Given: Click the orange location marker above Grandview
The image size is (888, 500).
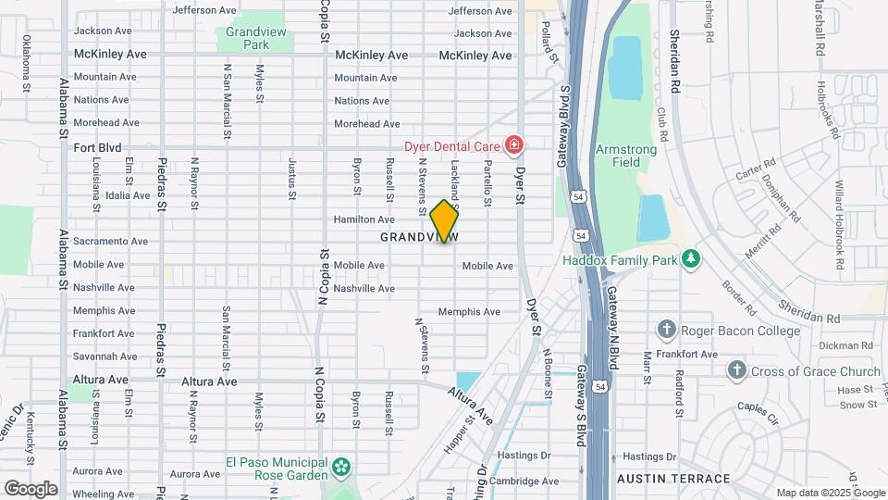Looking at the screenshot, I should tap(444, 220).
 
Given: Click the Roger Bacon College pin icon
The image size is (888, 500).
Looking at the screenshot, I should tap(666, 330).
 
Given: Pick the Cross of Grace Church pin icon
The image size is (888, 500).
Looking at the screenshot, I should tap(736, 370).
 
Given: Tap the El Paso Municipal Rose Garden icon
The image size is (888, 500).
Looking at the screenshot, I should tap(342, 465).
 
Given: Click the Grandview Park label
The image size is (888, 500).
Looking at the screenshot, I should tap(247, 37).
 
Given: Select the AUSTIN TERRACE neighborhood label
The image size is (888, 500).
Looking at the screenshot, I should tap(675, 479).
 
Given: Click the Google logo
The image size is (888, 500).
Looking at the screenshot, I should tap(31, 488).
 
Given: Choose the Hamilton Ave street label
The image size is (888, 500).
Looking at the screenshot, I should tap(364, 219).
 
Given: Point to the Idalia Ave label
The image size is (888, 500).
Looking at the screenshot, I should tap(128, 195).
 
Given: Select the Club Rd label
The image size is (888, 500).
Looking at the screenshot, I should tap(662, 118).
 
